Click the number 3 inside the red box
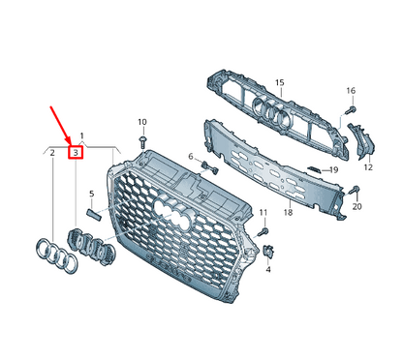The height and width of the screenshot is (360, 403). [x=74, y=152]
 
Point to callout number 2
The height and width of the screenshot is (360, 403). [x=50, y=152]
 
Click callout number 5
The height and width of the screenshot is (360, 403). [x=91, y=195]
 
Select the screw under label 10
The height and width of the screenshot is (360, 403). [x=142, y=141]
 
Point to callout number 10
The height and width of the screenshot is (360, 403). [x=141, y=122]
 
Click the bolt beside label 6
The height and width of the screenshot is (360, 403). [x=206, y=165]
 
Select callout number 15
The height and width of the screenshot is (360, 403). [x=279, y=84]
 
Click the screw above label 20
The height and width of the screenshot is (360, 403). [x=356, y=190]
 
